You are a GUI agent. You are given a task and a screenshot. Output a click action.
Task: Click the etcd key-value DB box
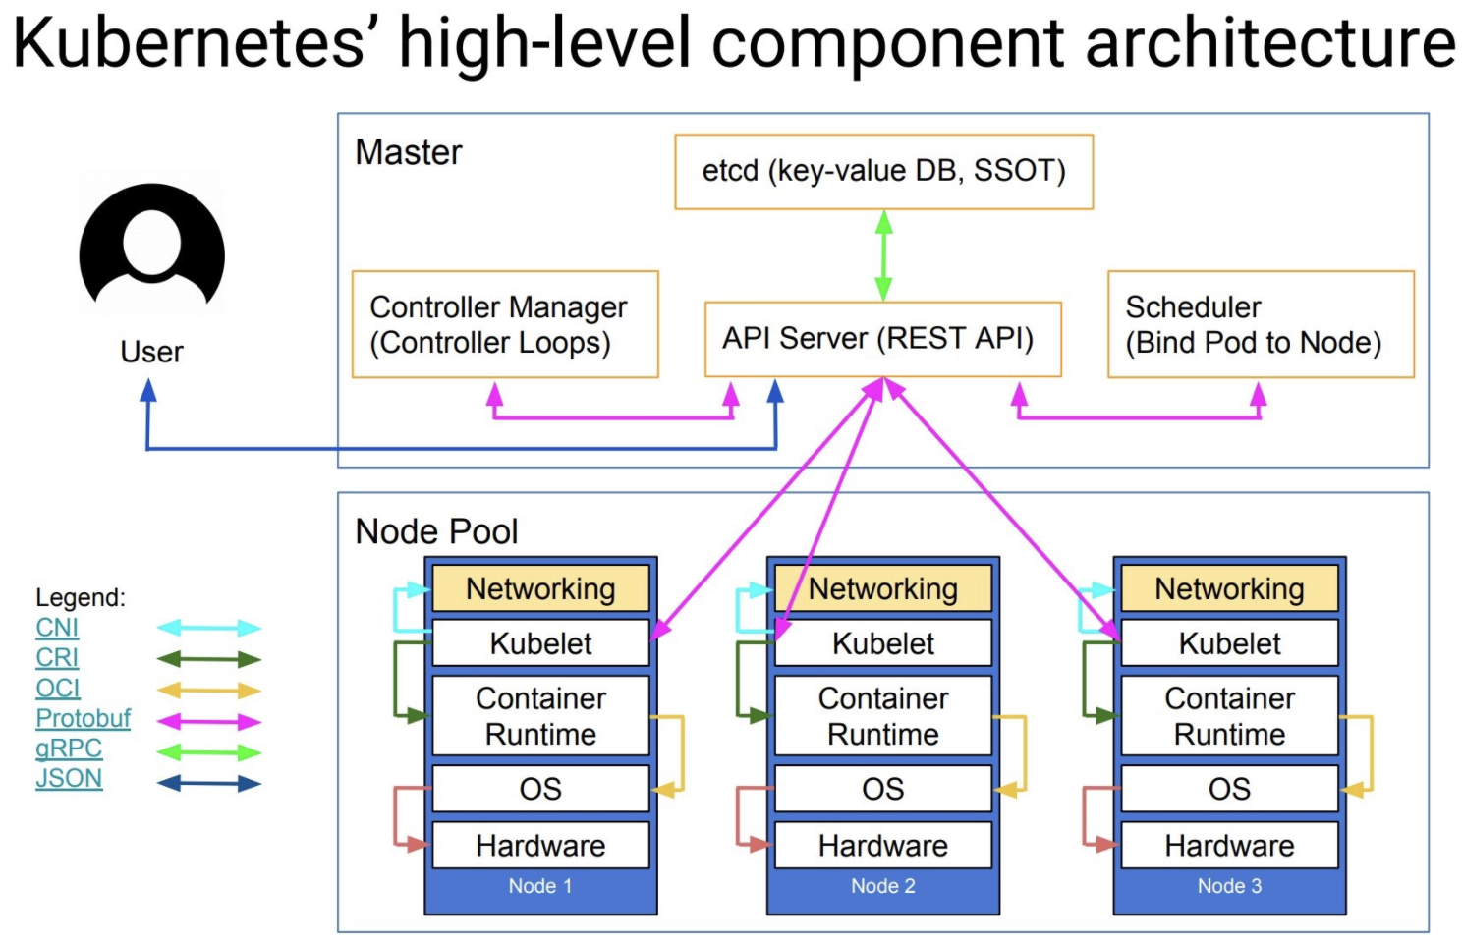[x=883, y=172]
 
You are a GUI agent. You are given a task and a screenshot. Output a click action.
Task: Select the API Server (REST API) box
[x=882, y=339]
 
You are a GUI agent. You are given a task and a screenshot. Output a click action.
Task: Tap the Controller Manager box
[x=505, y=324]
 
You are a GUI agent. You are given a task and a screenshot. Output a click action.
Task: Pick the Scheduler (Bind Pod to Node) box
[x=1260, y=324]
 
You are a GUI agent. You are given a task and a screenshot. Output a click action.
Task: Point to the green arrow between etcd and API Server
[x=883, y=255]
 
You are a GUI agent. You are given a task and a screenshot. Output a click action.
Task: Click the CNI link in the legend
[x=57, y=628]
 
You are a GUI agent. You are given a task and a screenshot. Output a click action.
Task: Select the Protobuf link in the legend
[x=83, y=718]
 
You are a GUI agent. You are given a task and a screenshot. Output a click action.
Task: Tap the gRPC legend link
[x=69, y=749]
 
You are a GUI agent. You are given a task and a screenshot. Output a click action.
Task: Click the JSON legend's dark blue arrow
[x=209, y=784]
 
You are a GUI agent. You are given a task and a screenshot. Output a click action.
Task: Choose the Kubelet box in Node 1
[x=540, y=643]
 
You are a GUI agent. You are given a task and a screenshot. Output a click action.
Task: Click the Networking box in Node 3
[x=1229, y=588]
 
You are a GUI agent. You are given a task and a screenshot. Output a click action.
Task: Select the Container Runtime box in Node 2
[x=882, y=716]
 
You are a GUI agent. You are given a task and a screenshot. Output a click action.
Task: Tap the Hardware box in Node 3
[x=1229, y=846]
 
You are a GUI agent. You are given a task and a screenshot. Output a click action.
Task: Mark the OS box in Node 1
[x=540, y=789]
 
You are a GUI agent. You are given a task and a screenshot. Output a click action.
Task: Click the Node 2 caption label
[x=882, y=886]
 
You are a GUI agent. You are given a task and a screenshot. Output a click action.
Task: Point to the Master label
[x=409, y=153]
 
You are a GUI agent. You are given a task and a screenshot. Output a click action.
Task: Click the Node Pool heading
[x=436, y=531]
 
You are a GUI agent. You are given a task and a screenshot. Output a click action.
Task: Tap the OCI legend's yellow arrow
[x=209, y=691]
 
